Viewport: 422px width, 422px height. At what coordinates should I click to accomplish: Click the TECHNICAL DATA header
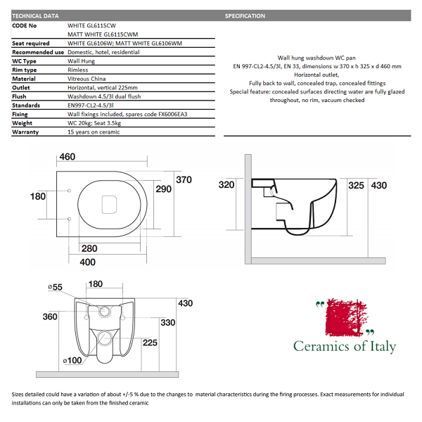pos(36,15)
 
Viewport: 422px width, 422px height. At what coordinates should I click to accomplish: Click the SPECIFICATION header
pos(245,15)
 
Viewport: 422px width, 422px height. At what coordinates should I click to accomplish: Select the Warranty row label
pos(25,132)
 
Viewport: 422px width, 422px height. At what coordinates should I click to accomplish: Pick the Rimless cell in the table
pos(79,70)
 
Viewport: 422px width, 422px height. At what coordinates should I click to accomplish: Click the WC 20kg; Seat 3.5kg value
pos(101,122)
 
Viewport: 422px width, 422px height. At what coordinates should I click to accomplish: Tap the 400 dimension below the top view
pos(87,262)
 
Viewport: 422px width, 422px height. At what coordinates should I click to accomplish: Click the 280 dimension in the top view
pos(89,248)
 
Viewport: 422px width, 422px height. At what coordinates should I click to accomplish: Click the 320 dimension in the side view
pos(226,185)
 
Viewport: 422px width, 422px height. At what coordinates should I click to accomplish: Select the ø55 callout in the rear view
pos(55,287)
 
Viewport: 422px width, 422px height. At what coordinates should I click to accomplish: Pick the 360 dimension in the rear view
pos(49,317)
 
